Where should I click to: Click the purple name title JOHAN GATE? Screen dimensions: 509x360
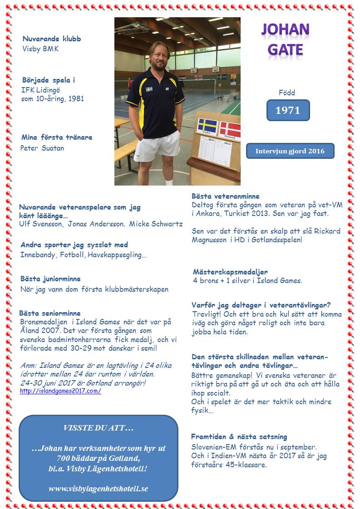[285, 39]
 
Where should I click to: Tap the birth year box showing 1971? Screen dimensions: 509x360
[288, 110]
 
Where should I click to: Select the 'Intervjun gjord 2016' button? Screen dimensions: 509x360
[290, 151]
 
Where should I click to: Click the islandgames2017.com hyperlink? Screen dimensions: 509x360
[60, 391]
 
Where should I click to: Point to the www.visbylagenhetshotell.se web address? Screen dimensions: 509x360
[99, 489]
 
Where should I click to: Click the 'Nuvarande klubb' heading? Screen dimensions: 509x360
[52, 39]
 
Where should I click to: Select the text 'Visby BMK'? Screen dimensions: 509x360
[41, 49]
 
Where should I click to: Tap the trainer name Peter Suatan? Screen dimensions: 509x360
[42, 148]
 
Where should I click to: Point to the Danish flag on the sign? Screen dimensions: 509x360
[230, 130]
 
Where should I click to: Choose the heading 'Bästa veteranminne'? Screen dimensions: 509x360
[226, 196]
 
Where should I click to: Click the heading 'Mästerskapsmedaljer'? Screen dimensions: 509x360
[230, 272]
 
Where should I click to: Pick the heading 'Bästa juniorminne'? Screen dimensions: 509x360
[50, 279]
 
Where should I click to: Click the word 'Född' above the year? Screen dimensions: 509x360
[287, 93]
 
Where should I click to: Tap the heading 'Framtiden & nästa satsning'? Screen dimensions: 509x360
[239, 436]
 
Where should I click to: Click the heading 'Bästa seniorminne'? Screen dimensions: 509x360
[50, 313]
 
